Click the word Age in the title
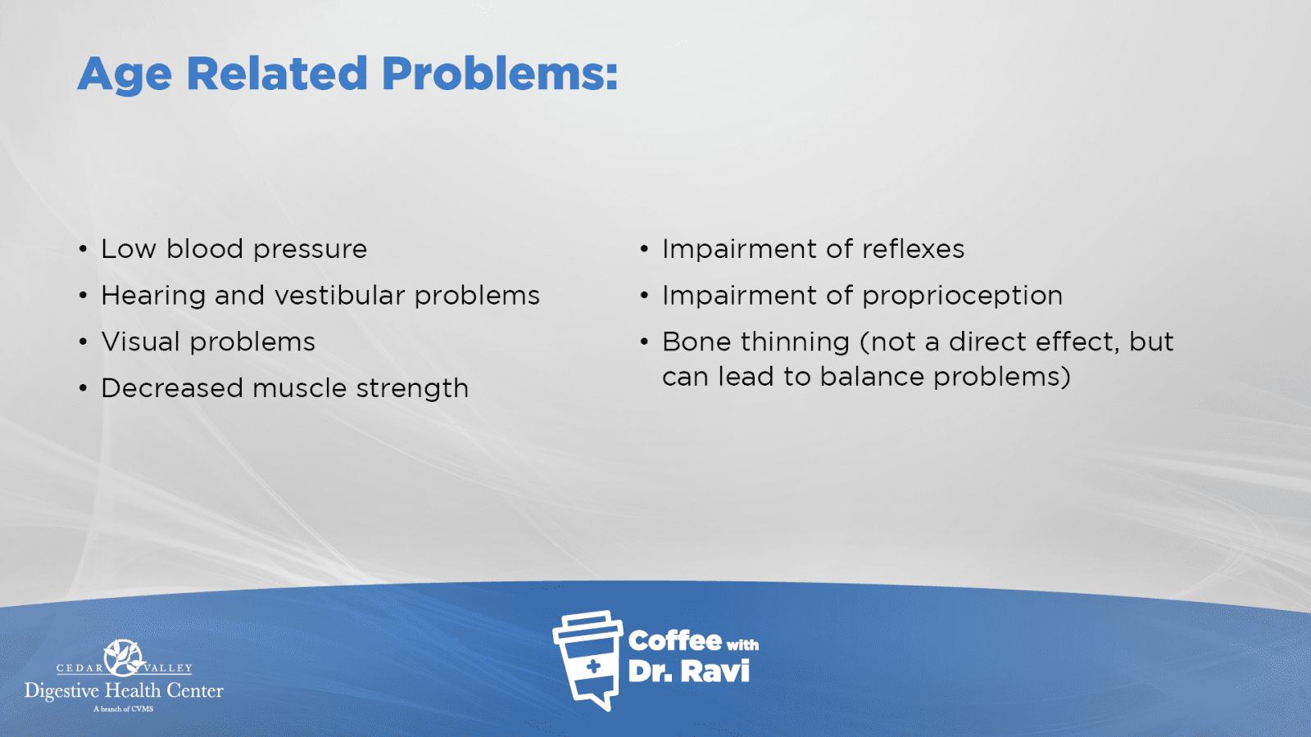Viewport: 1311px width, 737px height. (x=125, y=75)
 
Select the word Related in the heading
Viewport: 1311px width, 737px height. (x=277, y=74)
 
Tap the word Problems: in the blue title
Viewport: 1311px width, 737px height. (x=499, y=74)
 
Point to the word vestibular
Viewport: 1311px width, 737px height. (x=340, y=295)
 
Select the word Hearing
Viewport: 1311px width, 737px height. (x=153, y=296)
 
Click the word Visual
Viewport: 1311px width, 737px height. (x=140, y=341)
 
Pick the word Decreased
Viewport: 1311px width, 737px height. (x=172, y=388)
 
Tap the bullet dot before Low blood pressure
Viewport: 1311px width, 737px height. (x=83, y=249)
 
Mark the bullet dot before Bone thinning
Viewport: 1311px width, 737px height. (x=644, y=341)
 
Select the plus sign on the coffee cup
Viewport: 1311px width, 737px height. (x=593, y=667)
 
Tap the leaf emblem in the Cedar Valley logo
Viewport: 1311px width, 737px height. (x=124, y=658)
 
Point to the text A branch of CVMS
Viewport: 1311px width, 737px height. (x=124, y=709)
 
